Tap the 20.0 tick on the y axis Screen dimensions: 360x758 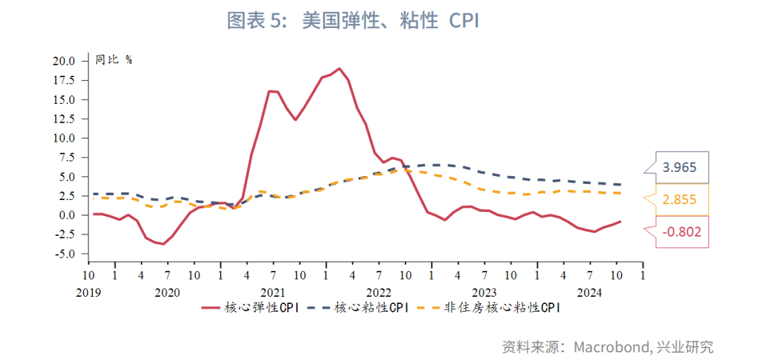[64, 61]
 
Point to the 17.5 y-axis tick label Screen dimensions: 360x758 [64, 80]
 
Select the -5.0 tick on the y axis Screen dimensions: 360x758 [64, 253]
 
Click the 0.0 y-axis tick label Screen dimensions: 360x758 [67, 215]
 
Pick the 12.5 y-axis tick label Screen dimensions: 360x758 [64, 119]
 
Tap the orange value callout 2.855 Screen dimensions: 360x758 [680, 199]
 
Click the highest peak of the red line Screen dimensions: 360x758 [339, 68]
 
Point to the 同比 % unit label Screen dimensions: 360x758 [114, 60]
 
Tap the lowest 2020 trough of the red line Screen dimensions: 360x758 [163, 244]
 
